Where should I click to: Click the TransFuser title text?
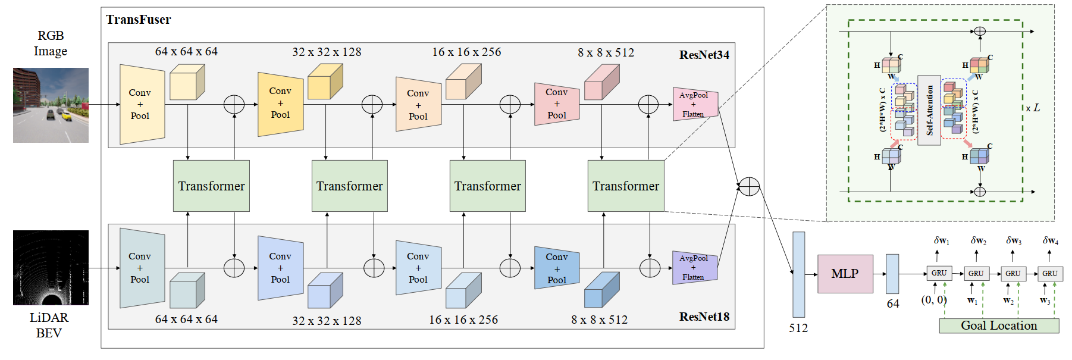138,20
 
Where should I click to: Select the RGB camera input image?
51,105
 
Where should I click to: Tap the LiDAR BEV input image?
51,267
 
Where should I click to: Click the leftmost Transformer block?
211,186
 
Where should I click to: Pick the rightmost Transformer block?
625,186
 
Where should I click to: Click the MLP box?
845,274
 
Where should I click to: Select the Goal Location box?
999,325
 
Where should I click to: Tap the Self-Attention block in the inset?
929,110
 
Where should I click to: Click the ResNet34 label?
704,55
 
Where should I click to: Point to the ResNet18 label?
704,317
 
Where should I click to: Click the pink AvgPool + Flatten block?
695,104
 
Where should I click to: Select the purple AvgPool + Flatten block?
694,267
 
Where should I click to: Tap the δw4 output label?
1050,240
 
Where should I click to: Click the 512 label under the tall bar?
798,328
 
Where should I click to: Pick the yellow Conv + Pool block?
280,104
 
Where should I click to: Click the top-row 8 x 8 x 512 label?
606,52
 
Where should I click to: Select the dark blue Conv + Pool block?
556,268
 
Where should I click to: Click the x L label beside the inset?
1033,108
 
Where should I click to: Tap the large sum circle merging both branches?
749,186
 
